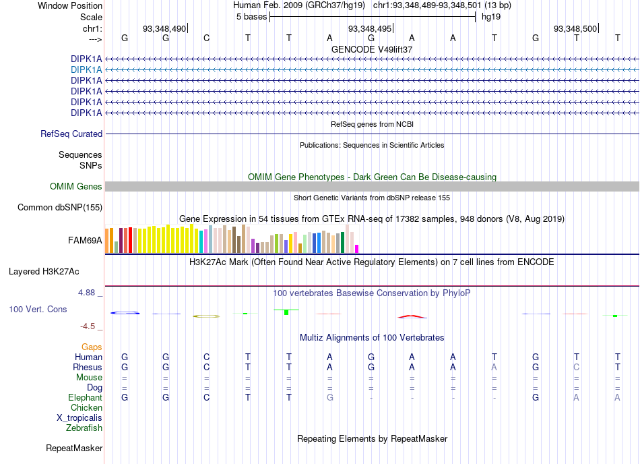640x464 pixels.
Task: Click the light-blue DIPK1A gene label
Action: pyautogui.click(x=86, y=70)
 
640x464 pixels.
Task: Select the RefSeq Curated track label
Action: pyautogui.click(x=71, y=134)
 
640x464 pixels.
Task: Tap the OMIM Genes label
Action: pyautogui.click(x=76, y=187)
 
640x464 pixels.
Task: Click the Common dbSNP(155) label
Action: pyautogui.click(x=60, y=208)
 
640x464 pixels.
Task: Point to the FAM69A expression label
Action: pyautogui.click(x=85, y=241)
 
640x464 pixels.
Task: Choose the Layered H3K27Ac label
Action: pyautogui.click(x=44, y=272)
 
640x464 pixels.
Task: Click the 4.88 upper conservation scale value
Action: pyautogui.click(x=86, y=293)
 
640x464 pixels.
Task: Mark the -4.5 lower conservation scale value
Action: pyautogui.click(x=88, y=326)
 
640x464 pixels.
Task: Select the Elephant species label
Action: pyautogui.click(x=86, y=397)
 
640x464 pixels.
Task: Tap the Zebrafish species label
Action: pyautogui.click(x=84, y=428)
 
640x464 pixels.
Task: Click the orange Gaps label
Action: pyautogui.click(x=92, y=347)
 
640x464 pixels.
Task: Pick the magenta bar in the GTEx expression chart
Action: pyautogui.click(x=357, y=249)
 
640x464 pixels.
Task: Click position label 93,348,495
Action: pyautogui.click(x=370, y=28)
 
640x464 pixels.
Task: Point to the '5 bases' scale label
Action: pyautogui.click(x=251, y=17)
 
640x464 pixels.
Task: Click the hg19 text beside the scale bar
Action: pyautogui.click(x=491, y=17)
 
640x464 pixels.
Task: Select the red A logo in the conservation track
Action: pyautogui.click(x=412, y=316)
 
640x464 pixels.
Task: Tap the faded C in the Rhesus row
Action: pyautogui.click(x=576, y=367)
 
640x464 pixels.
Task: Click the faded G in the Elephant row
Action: pyautogui.click(x=330, y=397)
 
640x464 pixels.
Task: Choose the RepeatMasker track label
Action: pyautogui.click(x=74, y=448)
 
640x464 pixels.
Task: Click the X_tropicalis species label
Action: pyautogui.click(x=79, y=418)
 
